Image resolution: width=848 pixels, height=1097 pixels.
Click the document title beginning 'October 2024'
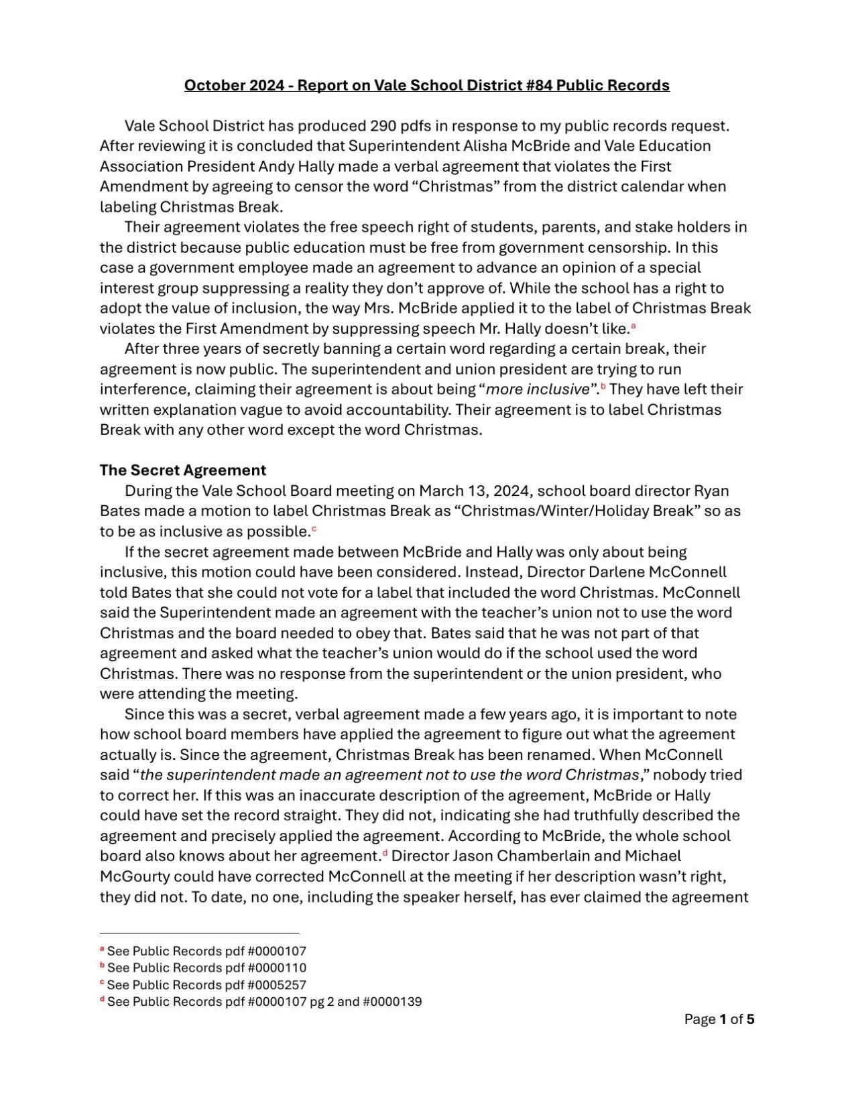pyautogui.click(x=426, y=85)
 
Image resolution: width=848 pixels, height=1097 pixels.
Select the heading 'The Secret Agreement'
pyautogui.click(x=182, y=470)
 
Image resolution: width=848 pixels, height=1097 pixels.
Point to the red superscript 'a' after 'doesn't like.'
pyautogui.click(x=633, y=326)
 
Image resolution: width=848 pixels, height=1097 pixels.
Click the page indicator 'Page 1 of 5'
pyautogui.click(x=719, y=1019)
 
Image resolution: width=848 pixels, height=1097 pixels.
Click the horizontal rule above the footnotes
pyautogui.click(x=199, y=932)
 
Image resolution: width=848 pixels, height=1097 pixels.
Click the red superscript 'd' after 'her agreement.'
pyautogui.click(x=385, y=854)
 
